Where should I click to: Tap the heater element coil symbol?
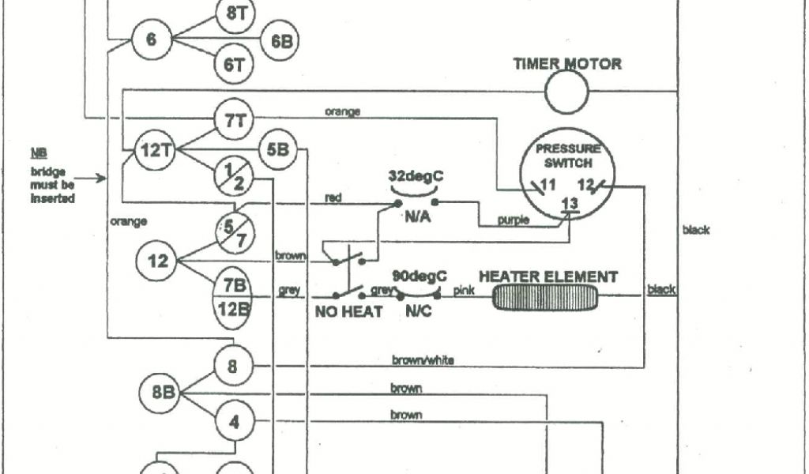pyautogui.click(x=546, y=296)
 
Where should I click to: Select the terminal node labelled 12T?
pyautogui.click(x=152, y=150)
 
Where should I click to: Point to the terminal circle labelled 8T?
pyautogui.click(x=235, y=13)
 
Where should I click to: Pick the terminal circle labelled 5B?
pyautogui.click(x=277, y=149)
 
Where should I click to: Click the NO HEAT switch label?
pyautogui.click(x=349, y=312)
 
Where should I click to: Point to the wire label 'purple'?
pyautogui.click(x=514, y=221)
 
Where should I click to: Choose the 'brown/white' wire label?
pyautogui.click(x=423, y=360)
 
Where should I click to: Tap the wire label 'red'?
pyautogui.click(x=333, y=197)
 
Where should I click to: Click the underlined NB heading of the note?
pyautogui.click(x=38, y=152)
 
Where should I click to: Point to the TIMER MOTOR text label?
pyautogui.click(x=567, y=64)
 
